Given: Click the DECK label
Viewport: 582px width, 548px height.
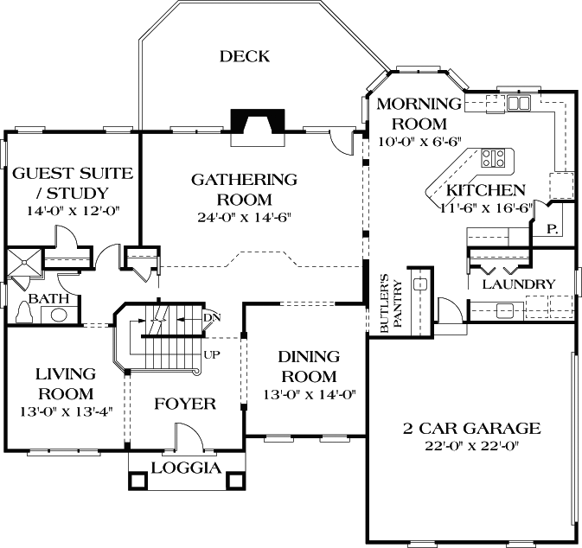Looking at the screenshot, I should click(244, 57).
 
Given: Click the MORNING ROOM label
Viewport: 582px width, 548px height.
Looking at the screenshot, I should click(413, 112).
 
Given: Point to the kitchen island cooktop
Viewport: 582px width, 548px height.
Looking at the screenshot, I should click(494, 157).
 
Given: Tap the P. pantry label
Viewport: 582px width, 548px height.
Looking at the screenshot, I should click(550, 230).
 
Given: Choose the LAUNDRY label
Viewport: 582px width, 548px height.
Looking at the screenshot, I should click(518, 284).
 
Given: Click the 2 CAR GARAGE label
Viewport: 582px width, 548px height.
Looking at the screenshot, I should click(471, 428).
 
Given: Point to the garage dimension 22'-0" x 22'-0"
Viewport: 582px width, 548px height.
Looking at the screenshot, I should click(471, 448).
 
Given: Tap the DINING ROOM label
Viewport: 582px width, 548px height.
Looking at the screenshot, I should click(308, 366).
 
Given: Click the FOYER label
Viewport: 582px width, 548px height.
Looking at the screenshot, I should click(184, 404).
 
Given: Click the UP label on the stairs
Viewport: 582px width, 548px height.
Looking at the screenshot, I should click(210, 354).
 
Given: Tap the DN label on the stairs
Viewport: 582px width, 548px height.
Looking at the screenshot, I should click(211, 318).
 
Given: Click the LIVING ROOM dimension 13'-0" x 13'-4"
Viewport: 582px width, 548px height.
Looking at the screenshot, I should click(65, 411).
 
